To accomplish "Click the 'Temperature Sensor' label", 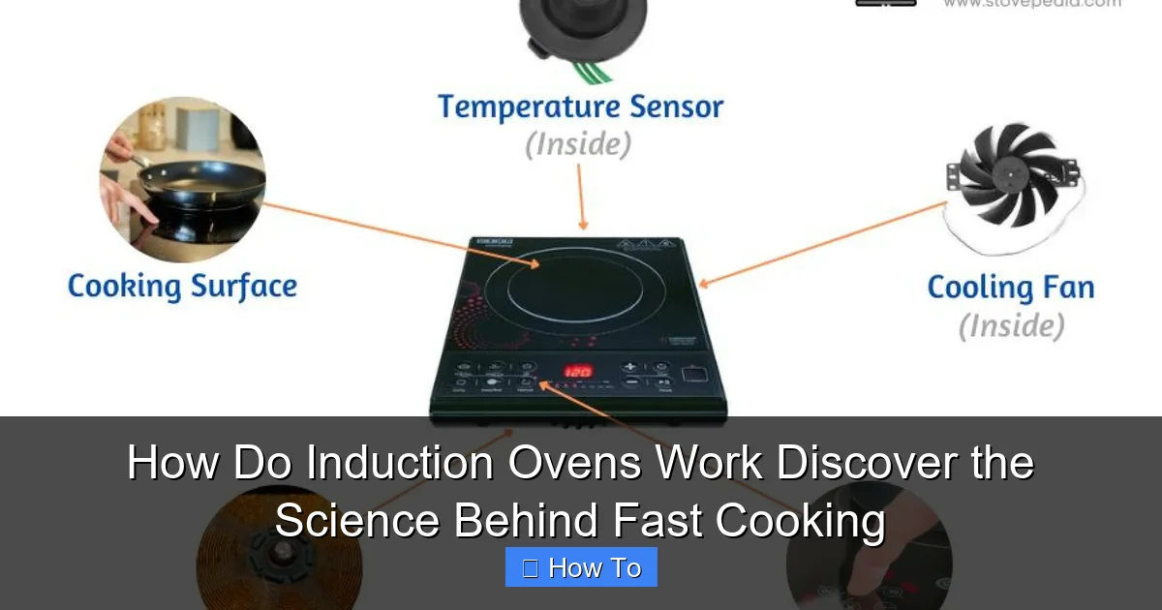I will pos(580,107).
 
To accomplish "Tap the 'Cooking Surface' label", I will pos(182,287).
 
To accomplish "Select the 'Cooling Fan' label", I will pos(1010,288).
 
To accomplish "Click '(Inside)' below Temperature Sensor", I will pos(578,145).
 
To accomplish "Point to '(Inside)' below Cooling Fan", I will pos(1011,326).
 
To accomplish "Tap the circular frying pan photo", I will pos(182,179).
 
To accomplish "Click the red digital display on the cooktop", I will pos(578,371).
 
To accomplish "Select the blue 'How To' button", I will pos(581,567).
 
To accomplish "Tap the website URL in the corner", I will pos(1031,4).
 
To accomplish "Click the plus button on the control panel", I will pos(629,367).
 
